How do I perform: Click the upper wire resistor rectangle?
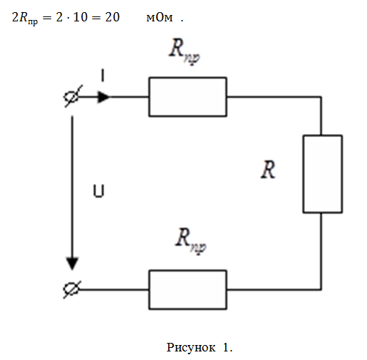tap(187, 78)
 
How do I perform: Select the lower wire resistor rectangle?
tap(187, 270)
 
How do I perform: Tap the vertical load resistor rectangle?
tap(304, 174)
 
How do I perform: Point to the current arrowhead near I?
tap(103, 97)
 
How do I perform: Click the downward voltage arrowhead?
tap(72, 264)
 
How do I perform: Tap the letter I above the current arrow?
tap(103, 76)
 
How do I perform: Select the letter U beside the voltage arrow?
tap(98, 191)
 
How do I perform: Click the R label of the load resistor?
tap(268, 169)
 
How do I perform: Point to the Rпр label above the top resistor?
tap(185, 51)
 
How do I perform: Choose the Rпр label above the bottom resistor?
tap(191, 240)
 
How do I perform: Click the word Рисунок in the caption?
tap(191, 348)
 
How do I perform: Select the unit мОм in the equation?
tap(160, 18)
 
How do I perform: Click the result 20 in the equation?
tap(113, 17)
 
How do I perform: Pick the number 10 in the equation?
tap(81, 17)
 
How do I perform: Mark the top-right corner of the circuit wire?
tap(321, 97)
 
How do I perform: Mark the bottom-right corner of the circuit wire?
tap(321, 289)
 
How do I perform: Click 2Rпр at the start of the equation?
tap(25, 19)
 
